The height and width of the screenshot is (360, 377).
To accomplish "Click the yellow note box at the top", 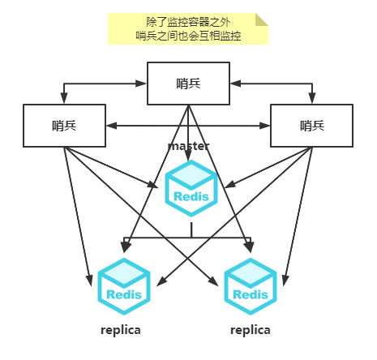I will [188, 28].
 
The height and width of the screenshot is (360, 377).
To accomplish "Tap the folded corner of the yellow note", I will [261, 19].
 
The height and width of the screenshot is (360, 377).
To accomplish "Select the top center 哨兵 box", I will [188, 83].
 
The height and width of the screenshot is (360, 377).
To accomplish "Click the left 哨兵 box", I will [64, 125].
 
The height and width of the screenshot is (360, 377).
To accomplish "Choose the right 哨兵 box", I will [311, 125].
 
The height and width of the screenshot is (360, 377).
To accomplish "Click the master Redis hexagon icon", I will [191, 188].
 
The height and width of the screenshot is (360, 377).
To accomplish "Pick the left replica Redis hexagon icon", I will [123, 285].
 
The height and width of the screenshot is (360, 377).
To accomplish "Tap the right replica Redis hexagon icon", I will [251, 285].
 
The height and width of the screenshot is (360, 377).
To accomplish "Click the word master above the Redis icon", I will [189, 146].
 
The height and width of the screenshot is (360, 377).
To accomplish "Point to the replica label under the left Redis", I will [121, 330].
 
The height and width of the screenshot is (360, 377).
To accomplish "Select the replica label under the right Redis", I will [251, 330].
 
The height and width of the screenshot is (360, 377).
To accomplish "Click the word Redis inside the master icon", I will [191, 196].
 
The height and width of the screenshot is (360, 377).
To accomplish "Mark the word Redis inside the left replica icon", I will [123, 295].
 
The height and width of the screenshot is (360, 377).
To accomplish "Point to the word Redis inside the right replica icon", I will [251, 295].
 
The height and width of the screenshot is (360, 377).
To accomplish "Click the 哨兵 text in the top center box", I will [188, 83].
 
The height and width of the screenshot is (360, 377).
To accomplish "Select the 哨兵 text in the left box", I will [64, 125].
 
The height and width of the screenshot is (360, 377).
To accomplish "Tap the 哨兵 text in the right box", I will [311, 125].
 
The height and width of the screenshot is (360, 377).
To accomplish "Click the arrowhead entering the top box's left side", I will [142, 84].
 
